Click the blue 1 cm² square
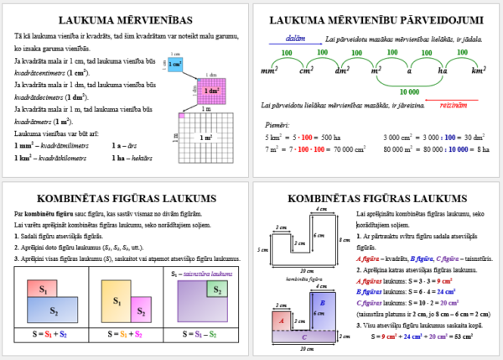174,64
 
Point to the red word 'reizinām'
452,105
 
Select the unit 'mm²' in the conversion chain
270,72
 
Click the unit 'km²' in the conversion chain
479,72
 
